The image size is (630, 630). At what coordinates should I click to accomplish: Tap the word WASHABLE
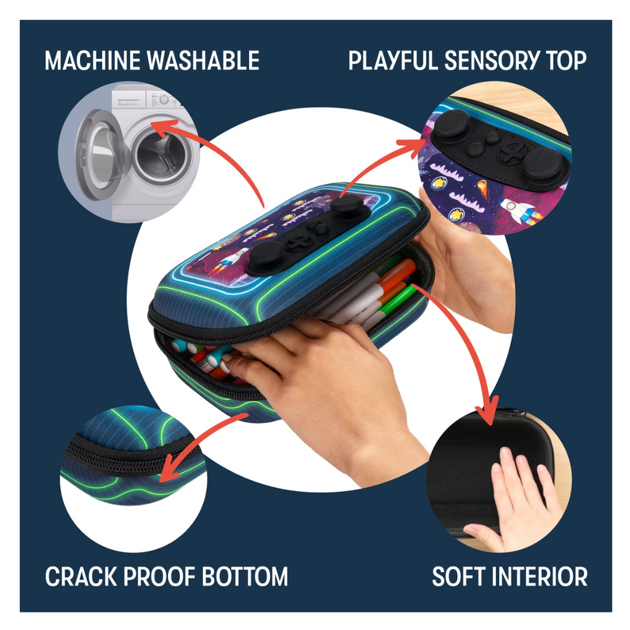(203, 61)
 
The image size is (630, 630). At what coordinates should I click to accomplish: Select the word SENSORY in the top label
(491, 61)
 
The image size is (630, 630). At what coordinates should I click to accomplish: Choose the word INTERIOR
(543, 576)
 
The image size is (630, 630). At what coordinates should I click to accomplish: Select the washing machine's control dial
(164, 99)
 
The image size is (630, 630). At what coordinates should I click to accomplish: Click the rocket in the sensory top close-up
(518, 212)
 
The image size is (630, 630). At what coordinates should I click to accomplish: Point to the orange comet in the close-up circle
(484, 188)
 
